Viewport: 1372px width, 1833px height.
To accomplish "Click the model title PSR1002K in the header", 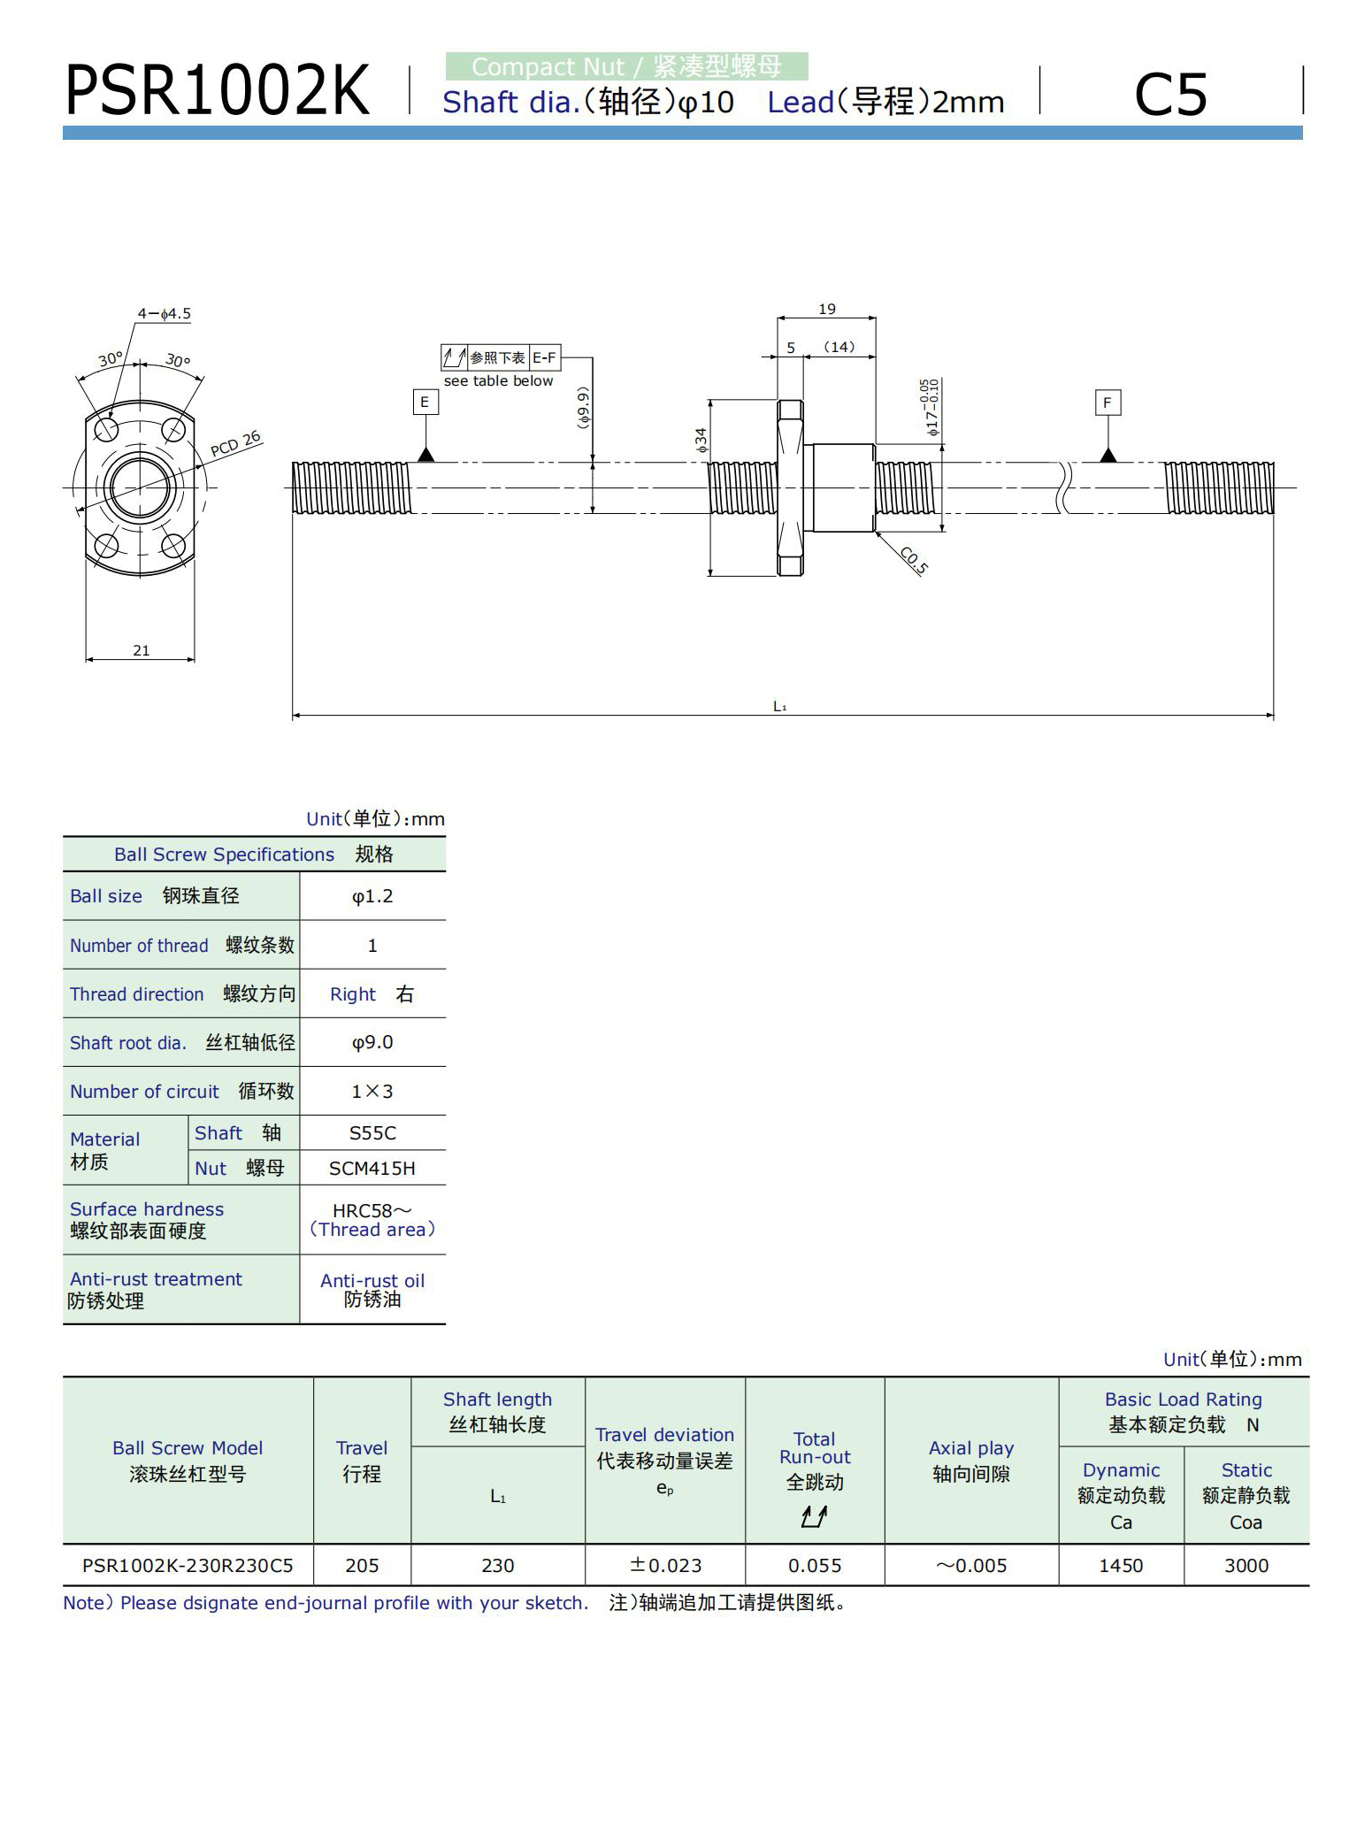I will (x=217, y=91).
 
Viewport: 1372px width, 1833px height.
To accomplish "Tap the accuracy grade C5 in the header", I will (x=1169, y=95).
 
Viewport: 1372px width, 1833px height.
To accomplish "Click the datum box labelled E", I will (x=425, y=403).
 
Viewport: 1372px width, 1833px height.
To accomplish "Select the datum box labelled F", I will (x=1107, y=403).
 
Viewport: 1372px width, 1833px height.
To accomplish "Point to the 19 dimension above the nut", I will (x=826, y=309).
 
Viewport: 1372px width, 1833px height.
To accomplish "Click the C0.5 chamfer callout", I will (x=914, y=560).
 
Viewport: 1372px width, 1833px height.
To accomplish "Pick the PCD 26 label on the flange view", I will (x=235, y=443).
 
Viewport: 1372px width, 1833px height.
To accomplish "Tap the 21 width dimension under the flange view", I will (x=141, y=650).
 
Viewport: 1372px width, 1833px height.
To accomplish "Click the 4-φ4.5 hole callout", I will (x=164, y=313).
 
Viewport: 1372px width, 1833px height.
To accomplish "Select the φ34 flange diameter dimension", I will (x=701, y=440).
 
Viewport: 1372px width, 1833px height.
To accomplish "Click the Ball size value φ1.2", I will (x=372, y=896).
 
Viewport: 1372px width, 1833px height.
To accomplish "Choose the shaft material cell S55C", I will (x=372, y=1132).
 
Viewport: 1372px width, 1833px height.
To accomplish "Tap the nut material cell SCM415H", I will (x=372, y=1168).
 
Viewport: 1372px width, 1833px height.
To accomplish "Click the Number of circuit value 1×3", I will (x=372, y=1091).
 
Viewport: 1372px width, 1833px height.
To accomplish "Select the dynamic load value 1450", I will (x=1120, y=1565).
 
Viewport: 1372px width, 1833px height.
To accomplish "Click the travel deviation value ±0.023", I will (x=665, y=1565).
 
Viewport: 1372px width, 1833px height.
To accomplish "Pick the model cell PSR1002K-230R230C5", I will (x=188, y=1565).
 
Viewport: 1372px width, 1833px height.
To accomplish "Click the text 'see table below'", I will (x=498, y=380).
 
